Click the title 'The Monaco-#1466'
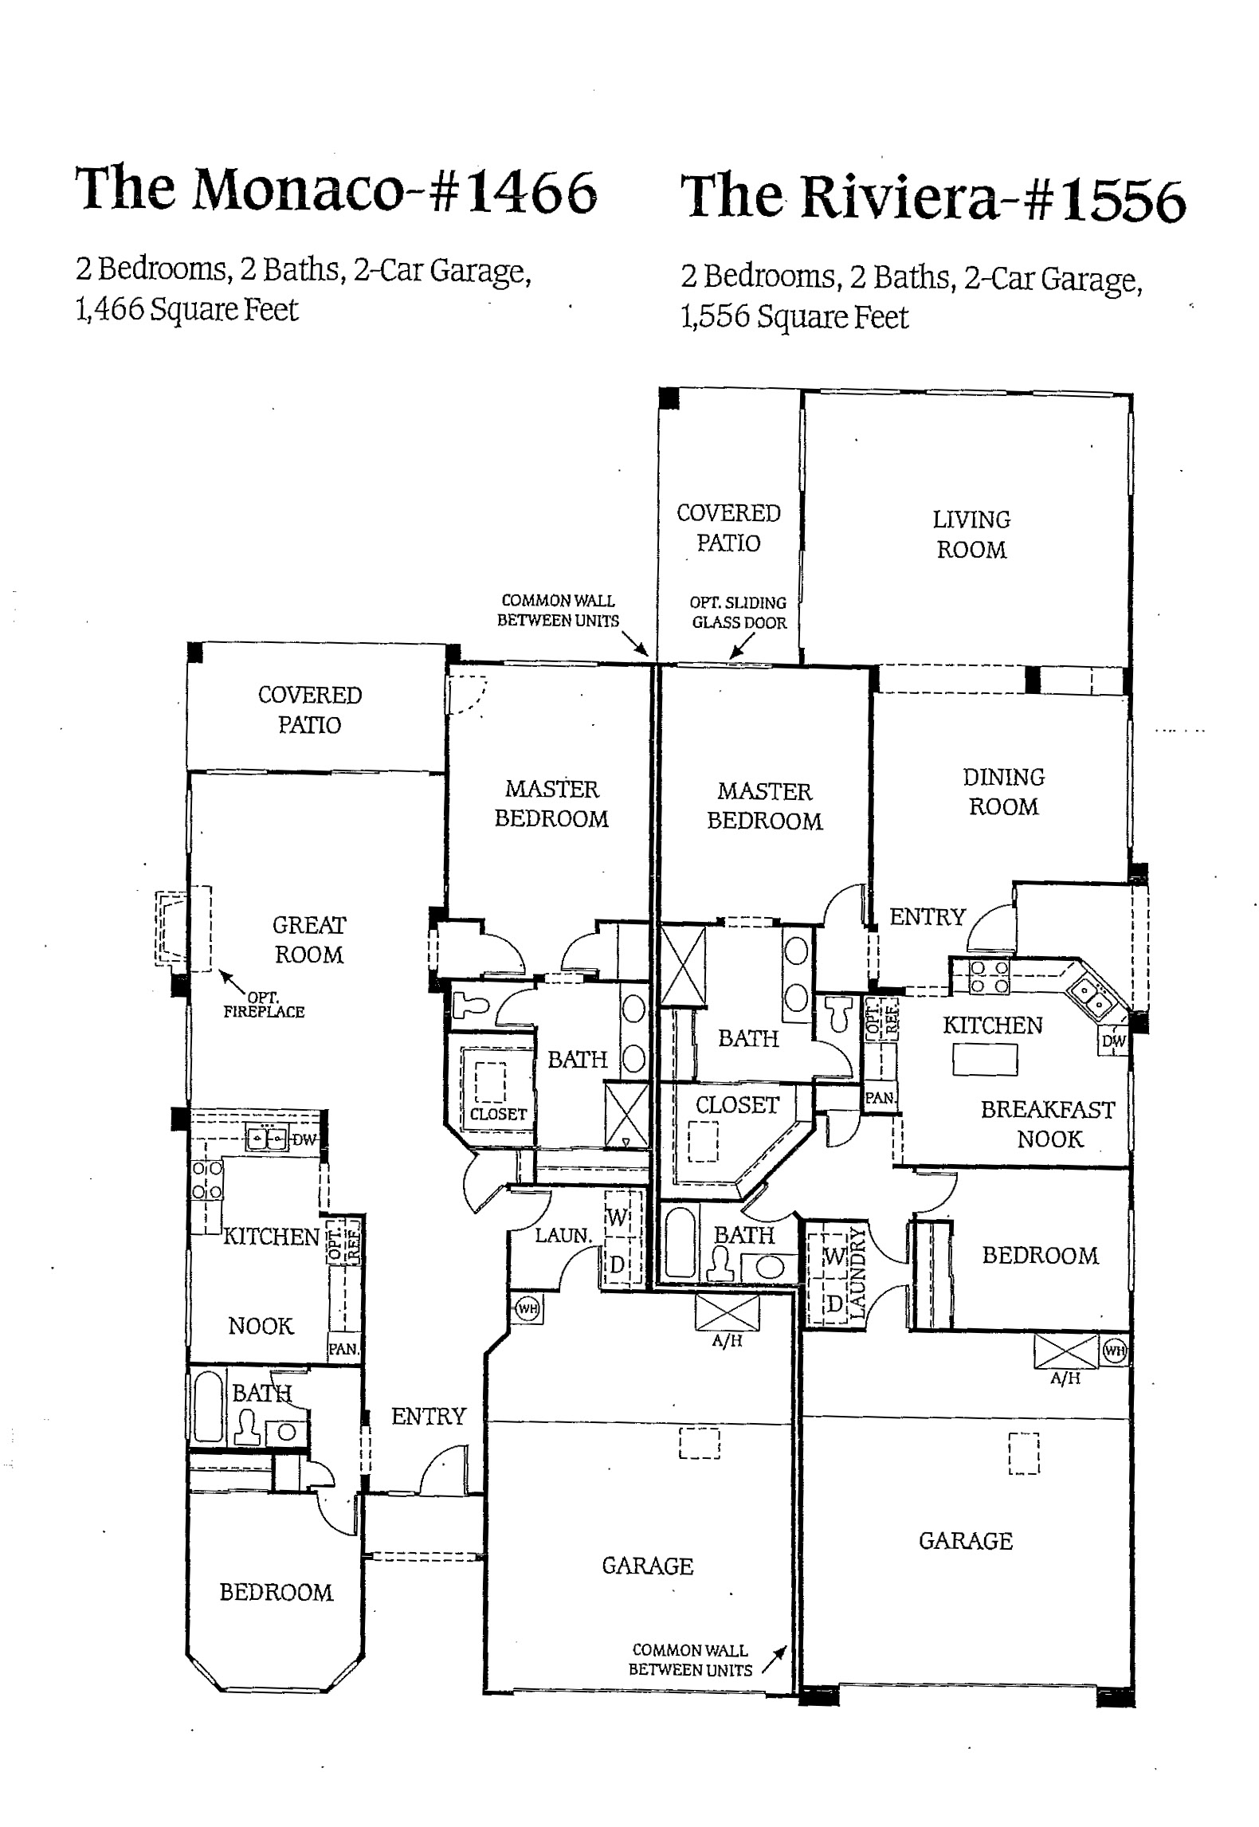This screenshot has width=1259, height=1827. (x=335, y=189)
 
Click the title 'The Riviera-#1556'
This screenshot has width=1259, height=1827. (x=933, y=197)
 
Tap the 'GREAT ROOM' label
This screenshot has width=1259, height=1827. (x=309, y=939)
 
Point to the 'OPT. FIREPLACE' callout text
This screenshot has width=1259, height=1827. (x=264, y=1004)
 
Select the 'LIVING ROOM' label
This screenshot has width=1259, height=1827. (x=971, y=535)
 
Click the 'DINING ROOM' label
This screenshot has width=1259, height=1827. (x=1003, y=791)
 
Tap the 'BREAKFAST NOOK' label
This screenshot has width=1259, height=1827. (x=1048, y=1123)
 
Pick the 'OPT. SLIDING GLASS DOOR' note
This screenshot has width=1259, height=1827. (x=739, y=613)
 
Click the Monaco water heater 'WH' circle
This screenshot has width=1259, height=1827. (x=526, y=1308)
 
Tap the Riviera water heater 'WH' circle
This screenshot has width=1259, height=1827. (x=1113, y=1351)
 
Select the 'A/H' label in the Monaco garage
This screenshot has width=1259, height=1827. (x=727, y=1341)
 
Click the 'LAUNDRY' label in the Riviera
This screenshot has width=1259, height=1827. (x=857, y=1275)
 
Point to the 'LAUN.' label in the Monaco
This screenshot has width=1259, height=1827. (x=563, y=1236)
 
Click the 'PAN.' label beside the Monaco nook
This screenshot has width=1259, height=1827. (x=343, y=1350)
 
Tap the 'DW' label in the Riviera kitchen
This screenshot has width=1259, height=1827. (x=1113, y=1041)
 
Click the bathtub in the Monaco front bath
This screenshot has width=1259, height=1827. (x=207, y=1406)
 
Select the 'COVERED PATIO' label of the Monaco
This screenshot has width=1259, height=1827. (x=309, y=709)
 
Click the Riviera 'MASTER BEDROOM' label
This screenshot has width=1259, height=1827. (x=764, y=806)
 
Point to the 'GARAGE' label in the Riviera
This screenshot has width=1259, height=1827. (x=965, y=1541)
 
